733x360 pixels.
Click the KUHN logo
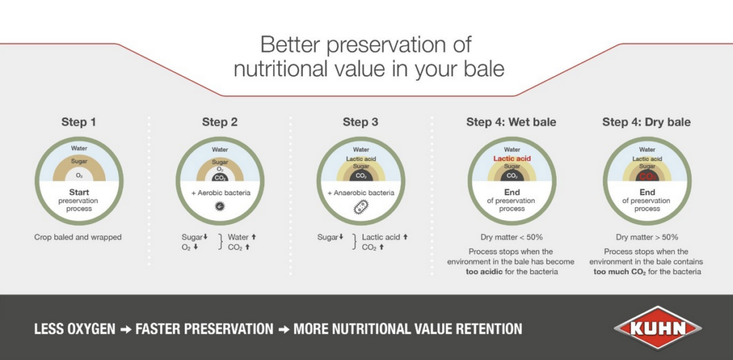[x=657, y=328]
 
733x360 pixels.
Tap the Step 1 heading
[x=79, y=122]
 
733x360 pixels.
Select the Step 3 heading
[x=361, y=122]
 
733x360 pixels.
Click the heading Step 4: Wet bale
[x=511, y=122]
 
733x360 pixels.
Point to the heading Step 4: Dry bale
[x=646, y=122]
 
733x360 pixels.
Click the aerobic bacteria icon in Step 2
[x=220, y=205]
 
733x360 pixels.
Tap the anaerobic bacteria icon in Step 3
[x=361, y=207]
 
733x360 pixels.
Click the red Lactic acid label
[x=512, y=158]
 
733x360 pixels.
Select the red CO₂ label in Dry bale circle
[x=647, y=176]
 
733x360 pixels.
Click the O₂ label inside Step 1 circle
[x=79, y=176]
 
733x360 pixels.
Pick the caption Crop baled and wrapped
[x=77, y=237]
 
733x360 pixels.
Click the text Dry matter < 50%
[x=511, y=237]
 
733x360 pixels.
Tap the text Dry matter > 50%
[x=646, y=237]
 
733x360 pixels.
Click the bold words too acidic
[x=485, y=272]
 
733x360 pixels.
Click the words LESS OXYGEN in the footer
[x=74, y=329]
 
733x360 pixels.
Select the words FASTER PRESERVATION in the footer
[x=204, y=329]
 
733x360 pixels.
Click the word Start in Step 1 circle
[x=79, y=192]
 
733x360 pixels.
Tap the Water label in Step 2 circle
[x=220, y=150]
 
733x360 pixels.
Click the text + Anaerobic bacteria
[x=361, y=193]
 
